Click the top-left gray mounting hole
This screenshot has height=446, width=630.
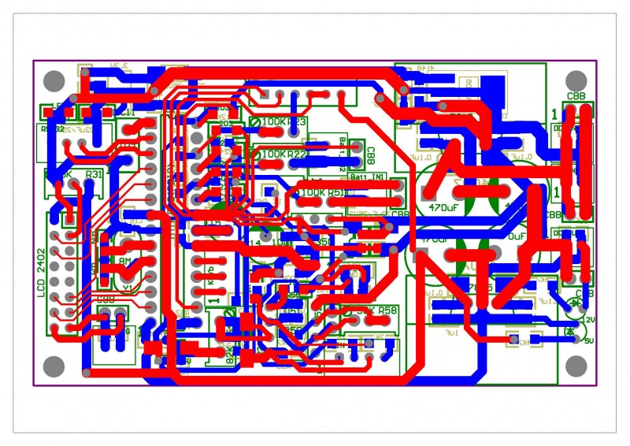pyautogui.click(x=53, y=80)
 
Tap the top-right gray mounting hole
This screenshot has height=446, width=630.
pyautogui.click(x=576, y=80)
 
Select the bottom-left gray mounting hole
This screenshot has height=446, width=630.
pyautogui.click(x=53, y=366)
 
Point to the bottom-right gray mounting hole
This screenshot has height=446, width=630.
pyautogui.click(x=576, y=366)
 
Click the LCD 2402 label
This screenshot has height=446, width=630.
pyautogui.click(x=42, y=273)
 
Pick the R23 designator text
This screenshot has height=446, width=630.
pyautogui.click(x=297, y=122)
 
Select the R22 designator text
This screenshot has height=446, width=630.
pyautogui.click(x=297, y=154)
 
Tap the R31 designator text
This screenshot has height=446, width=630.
pyautogui.click(x=94, y=174)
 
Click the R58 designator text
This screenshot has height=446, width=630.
pyautogui.click(x=387, y=312)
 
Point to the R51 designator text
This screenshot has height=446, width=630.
pyautogui.click(x=337, y=192)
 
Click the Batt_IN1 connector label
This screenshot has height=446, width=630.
pyautogui.click(x=367, y=178)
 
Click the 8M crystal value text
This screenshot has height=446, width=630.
pyautogui.click(x=125, y=260)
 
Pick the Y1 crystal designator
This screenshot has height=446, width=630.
pyautogui.click(x=127, y=288)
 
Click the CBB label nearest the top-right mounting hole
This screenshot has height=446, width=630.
pyautogui.click(x=576, y=97)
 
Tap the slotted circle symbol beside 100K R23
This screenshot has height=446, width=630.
pyautogui.click(x=254, y=122)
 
